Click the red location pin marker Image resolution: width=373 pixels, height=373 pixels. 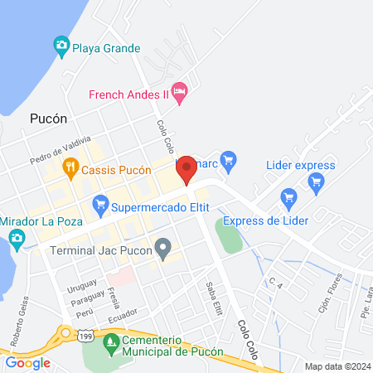[186, 168]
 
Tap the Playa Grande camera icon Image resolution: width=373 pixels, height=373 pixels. [61, 46]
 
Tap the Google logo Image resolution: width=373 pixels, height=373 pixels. [27, 362]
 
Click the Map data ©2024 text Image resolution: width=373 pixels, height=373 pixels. [337, 366]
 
